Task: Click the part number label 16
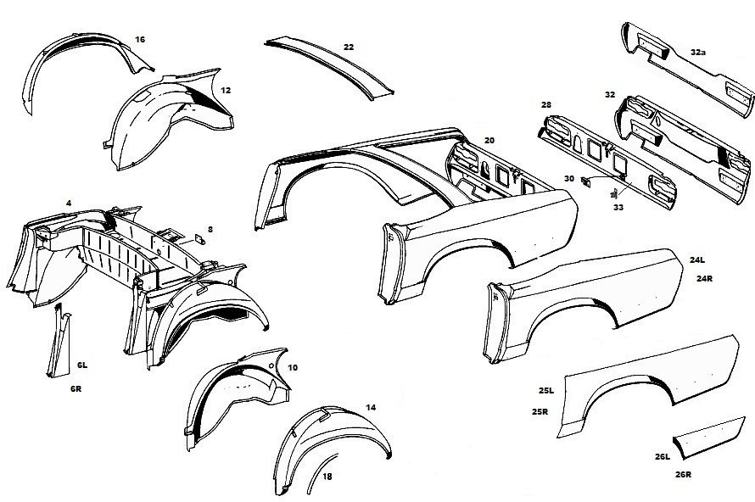tap(140, 40)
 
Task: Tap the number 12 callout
tap(226, 89)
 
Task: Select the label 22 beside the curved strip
tap(349, 47)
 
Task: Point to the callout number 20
tap(489, 139)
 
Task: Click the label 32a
tap(698, 52)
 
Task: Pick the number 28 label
tap(546, 104)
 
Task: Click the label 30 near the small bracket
tap(569, 179)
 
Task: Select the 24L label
tap(698, 261)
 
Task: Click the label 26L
tap(663, 457)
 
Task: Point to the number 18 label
tap(327, 477)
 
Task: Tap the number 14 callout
tap(370, 407)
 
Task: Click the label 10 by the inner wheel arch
tap(293, 367)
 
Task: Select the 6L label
tap(82, 365)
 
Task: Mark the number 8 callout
tap(210, 229)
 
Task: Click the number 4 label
tap(68, 203)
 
